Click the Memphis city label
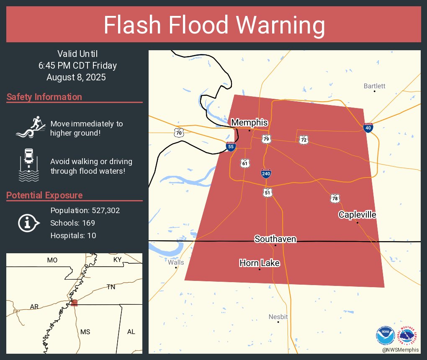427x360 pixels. pos(249,123)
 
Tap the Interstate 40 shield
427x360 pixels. pos(368,128)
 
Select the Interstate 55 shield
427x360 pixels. pos(230,146)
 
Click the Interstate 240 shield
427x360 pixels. pos(266,173)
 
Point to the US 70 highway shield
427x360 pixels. pos(179,133)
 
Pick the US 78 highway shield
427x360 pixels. pos(334,198)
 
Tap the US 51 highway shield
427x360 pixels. pos(268,193)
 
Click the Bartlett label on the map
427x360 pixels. pos(374,86)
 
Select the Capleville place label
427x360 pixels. pos(357,215)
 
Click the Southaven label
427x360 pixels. pos(275,239)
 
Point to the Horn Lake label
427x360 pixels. pos(260,263)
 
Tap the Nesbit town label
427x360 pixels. pos(278,316)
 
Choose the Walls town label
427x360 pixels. pos(176,262)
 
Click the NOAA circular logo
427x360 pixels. pos(385,336)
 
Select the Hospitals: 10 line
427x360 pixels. pos(73,235)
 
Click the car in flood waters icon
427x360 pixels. pos(29,165)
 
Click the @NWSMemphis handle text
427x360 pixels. pos(400,350)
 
